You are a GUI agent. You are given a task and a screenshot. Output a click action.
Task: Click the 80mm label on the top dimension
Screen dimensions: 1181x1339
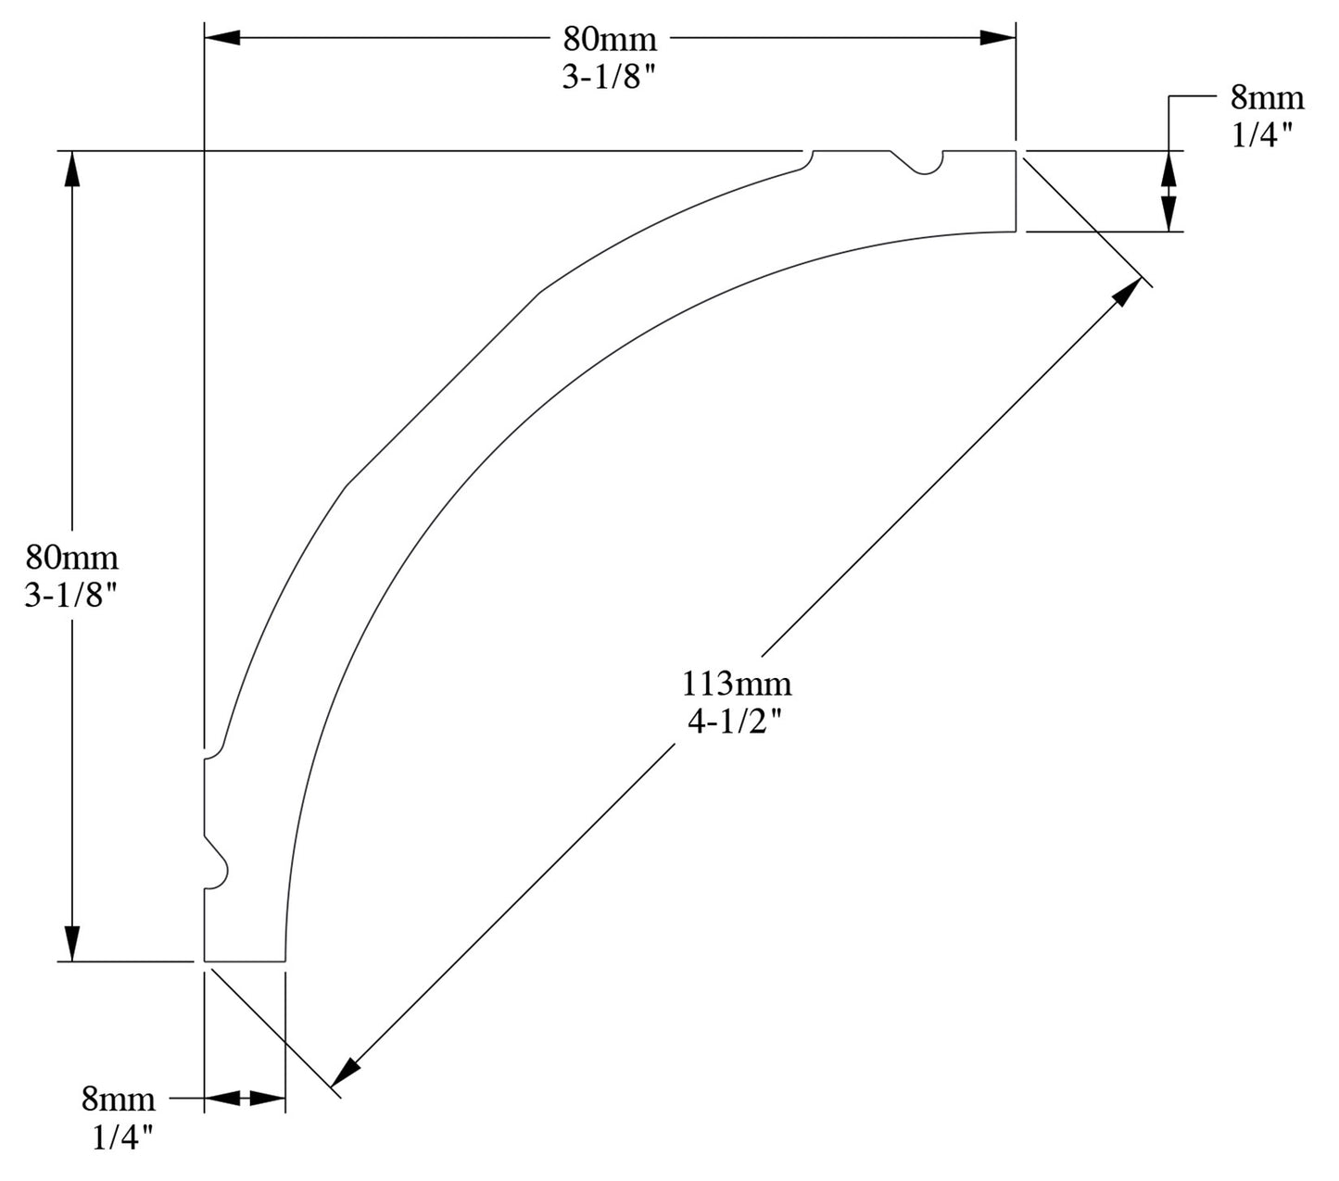pyautogui.click(x=609, y=39)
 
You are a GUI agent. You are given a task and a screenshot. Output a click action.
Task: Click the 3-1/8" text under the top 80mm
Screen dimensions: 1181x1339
pyautogui.click(x=609, y=78)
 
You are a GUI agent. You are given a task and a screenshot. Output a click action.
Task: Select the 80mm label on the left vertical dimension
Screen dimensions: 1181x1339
pyautogui.click(x=72, y=558)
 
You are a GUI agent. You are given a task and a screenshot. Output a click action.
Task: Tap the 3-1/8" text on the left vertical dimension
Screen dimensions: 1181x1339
pyautogui.click(x=72, y=597)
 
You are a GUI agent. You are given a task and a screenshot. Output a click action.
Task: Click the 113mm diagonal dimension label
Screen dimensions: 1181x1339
pyautogui.click(x=737, y=685)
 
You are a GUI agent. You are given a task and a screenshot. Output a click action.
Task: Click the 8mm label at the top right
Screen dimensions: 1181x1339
pyautogui.click(x=1267, y=97)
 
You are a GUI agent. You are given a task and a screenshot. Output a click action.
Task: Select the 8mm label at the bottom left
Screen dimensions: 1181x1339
pyautogui.click(x=119, y=1099)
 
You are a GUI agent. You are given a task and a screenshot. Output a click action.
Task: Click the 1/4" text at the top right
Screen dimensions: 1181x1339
pyautogui.click(x=1262, y=136)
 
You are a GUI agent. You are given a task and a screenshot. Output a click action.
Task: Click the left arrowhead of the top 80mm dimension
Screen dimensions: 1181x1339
pyautogui.click(x=222, y=37)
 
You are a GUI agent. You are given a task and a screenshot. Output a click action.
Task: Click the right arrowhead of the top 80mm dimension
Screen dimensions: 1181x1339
pyautogui.click(x=998, y=37)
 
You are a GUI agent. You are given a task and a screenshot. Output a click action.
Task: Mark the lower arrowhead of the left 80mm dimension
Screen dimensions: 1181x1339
pyautogui.click(x=72, y=943)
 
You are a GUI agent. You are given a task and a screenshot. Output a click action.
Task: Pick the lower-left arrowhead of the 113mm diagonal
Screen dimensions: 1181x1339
pyautogui.click(x=345, y=1072)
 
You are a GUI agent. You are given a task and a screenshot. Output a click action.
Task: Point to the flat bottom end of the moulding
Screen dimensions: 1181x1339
pyautogui.click(x=244, y=961)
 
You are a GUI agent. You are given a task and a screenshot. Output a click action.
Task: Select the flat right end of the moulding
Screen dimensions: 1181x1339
pyautogui.click(x=1016, y=190)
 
